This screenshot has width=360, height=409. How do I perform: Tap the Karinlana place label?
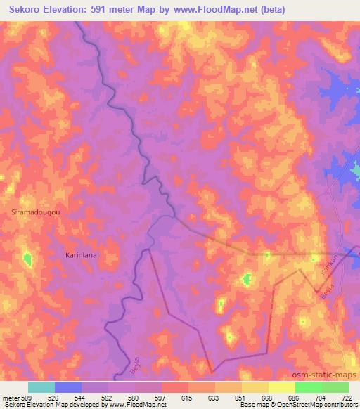[81, 255]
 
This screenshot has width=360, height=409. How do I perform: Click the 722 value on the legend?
[347, 398]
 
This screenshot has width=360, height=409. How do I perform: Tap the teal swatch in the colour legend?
[41, 387]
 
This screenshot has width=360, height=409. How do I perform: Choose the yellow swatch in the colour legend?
[282, 387]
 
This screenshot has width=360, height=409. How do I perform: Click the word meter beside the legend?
[11, 398]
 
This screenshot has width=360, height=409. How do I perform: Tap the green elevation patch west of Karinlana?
[27, 259]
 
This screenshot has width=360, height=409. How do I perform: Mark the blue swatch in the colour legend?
[68, 387]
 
